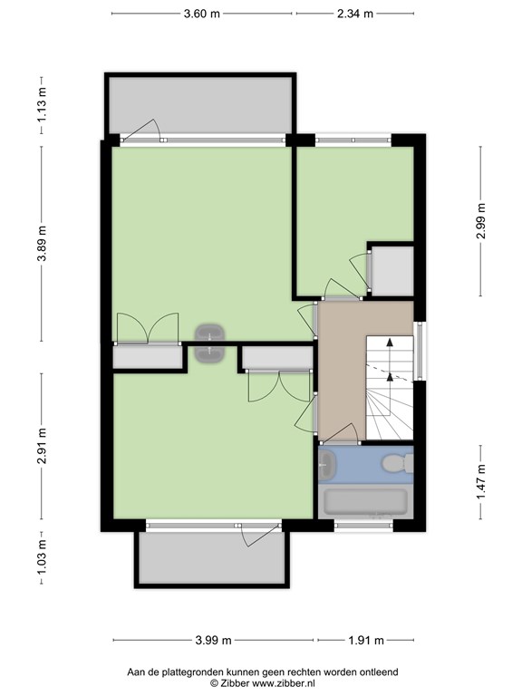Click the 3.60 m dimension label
tap(201, 14)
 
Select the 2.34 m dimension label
tap(355, 14)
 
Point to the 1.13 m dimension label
tap(42, 105)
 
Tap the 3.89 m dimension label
tap(42, 244)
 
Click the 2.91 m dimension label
tap(42, 446)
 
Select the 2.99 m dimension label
tap(480, 220)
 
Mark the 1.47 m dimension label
tap(480, 481)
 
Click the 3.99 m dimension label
tap(214, 640)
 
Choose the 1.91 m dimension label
tap(366, 640)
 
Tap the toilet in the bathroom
tap(398, 463)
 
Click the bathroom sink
tap(327, 465)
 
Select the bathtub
tap(365, 501)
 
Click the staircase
tap(390, 388)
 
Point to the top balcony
tap(200, 105)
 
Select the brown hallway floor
tap(342, 371)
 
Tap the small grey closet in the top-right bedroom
tap(392, 271)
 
